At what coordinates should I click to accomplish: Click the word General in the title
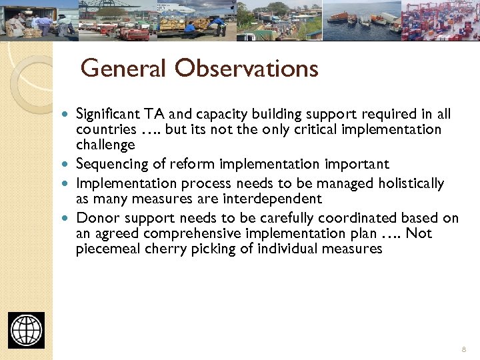pos(124,68)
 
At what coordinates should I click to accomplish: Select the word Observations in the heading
pos(247,68)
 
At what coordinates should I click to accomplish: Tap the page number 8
pos(463,349)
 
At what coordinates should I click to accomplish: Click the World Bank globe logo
pos(27,330)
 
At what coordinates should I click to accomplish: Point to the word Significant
pos(110,114)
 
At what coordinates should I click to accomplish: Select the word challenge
pos(105,145)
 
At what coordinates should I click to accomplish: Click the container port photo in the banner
pos(440,20)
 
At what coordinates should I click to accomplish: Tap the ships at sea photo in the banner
pos(361,20)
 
